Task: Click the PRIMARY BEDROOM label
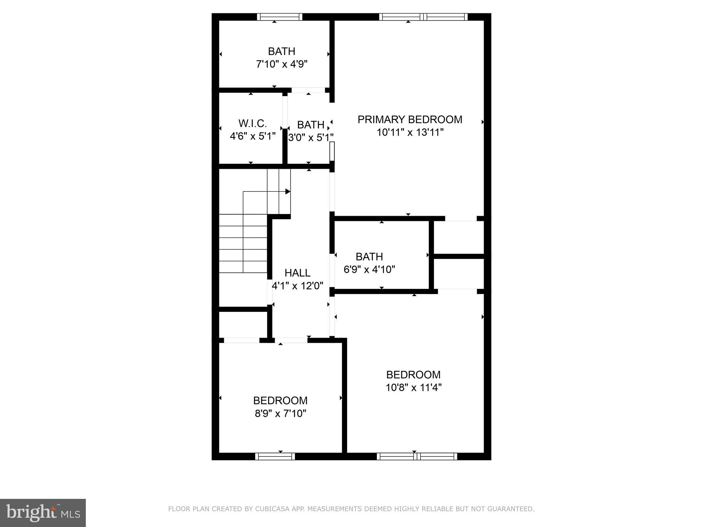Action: coord(410,119)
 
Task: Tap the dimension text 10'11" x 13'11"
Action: coord(410,132)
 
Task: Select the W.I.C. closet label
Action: coord(252,123)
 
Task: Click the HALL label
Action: coord(297,273)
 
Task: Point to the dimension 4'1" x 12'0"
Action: coord(297,286)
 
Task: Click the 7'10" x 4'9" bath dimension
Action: coord(281,64)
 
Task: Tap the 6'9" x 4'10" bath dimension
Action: coord(369,270)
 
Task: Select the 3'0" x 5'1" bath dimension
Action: coord(310,138)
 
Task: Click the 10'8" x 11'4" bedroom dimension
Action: coord(413,388)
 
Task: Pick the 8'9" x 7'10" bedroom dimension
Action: coord(280,414)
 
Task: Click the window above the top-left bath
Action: coord(279,17)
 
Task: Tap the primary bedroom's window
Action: coord(423,17)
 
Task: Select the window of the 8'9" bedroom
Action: coord(275,456)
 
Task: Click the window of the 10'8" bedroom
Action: coord(417,456)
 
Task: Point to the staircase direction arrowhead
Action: coord(288,191)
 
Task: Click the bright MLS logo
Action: coord(43,513)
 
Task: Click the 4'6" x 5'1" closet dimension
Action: coord(252,136)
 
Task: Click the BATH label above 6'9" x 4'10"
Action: coord(369,257)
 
